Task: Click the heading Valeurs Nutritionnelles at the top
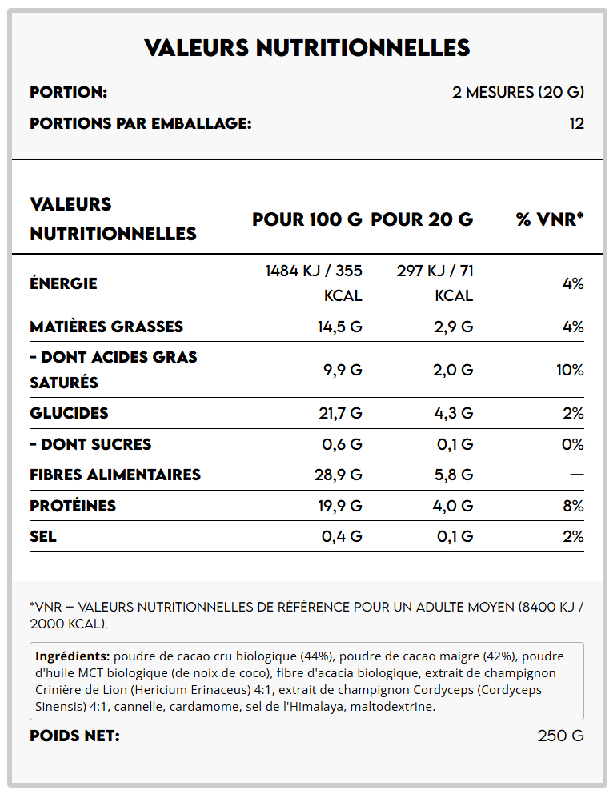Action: (306, 48)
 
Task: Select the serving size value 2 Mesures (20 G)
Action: (518, 92)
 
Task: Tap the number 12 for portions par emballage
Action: (576, 123)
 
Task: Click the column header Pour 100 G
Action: (306, 219)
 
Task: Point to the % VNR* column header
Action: (550, 219)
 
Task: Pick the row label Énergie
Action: (63, 283)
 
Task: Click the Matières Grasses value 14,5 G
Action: (341, 327)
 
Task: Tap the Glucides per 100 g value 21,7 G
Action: (340, 413)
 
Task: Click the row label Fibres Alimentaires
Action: (115, 475)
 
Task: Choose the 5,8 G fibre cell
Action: (453, 475)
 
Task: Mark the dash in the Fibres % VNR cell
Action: (576, 475)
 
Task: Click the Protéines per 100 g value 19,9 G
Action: (340, 506)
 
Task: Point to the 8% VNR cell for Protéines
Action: (573, 506)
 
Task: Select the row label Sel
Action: (43, 536)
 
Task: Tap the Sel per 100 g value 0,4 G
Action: (342, 536)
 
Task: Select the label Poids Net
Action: (74, 736)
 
